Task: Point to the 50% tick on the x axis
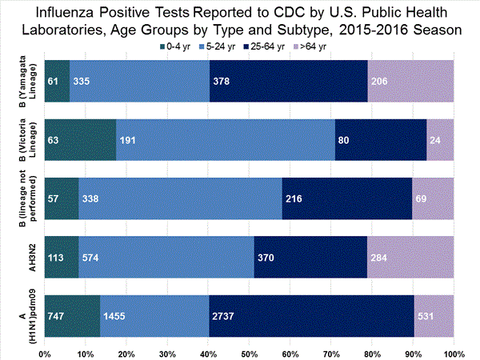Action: click(249, 352)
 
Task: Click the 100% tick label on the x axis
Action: click(453, 352)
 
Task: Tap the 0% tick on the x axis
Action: click(45, 352)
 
